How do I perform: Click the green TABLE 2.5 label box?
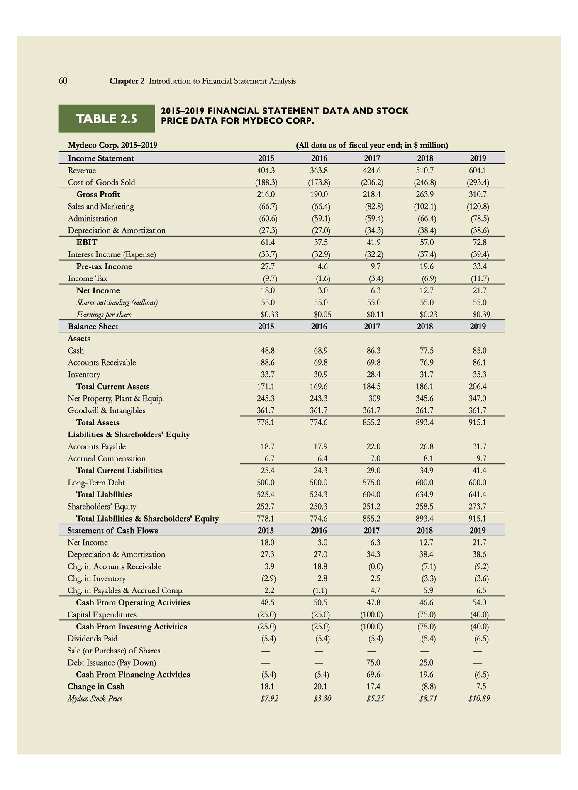(x=106, y=119)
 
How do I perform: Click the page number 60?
(x=63, y=81)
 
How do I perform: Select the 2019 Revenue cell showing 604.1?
(x=478, y=171)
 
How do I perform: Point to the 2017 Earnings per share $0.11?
(x=373, y=315)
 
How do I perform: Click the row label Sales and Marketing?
(x=101, y=207)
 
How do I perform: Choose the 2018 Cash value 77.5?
(x=425, y=351)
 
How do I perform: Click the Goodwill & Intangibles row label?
(x=107, y=411)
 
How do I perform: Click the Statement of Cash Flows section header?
(x=112, y=531)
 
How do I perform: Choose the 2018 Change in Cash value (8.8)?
(x=427, y=687)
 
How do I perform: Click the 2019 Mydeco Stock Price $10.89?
(x=478, y=699)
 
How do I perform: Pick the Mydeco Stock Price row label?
(x=95, y=699)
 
